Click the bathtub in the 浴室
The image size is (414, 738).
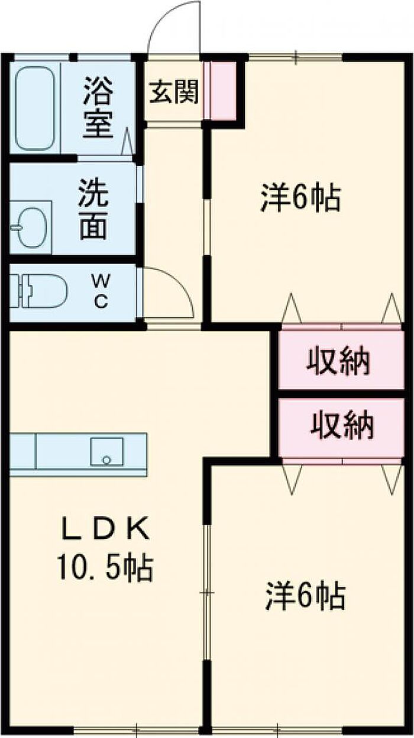[35, 108]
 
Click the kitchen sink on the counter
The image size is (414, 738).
[106, 451]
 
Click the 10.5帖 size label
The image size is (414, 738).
[105, 568]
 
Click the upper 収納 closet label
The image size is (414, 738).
[338, 362]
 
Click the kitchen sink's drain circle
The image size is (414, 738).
[106, 459]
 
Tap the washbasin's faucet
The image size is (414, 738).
[17, 227]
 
